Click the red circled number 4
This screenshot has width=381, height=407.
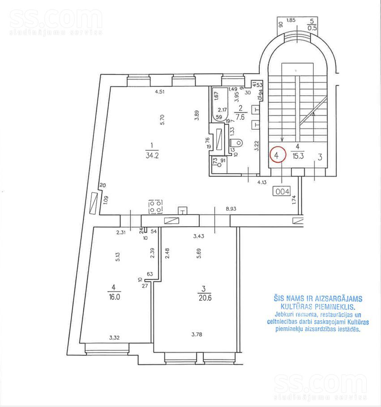pos(278,156)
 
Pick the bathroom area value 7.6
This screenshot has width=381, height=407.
pos(240,118)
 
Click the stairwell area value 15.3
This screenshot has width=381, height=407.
pos(298,156)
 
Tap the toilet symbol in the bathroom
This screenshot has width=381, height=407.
pos(235,143)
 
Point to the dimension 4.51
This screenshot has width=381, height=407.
pos(160,92)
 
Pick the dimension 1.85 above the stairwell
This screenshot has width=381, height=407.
pos(291,20)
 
